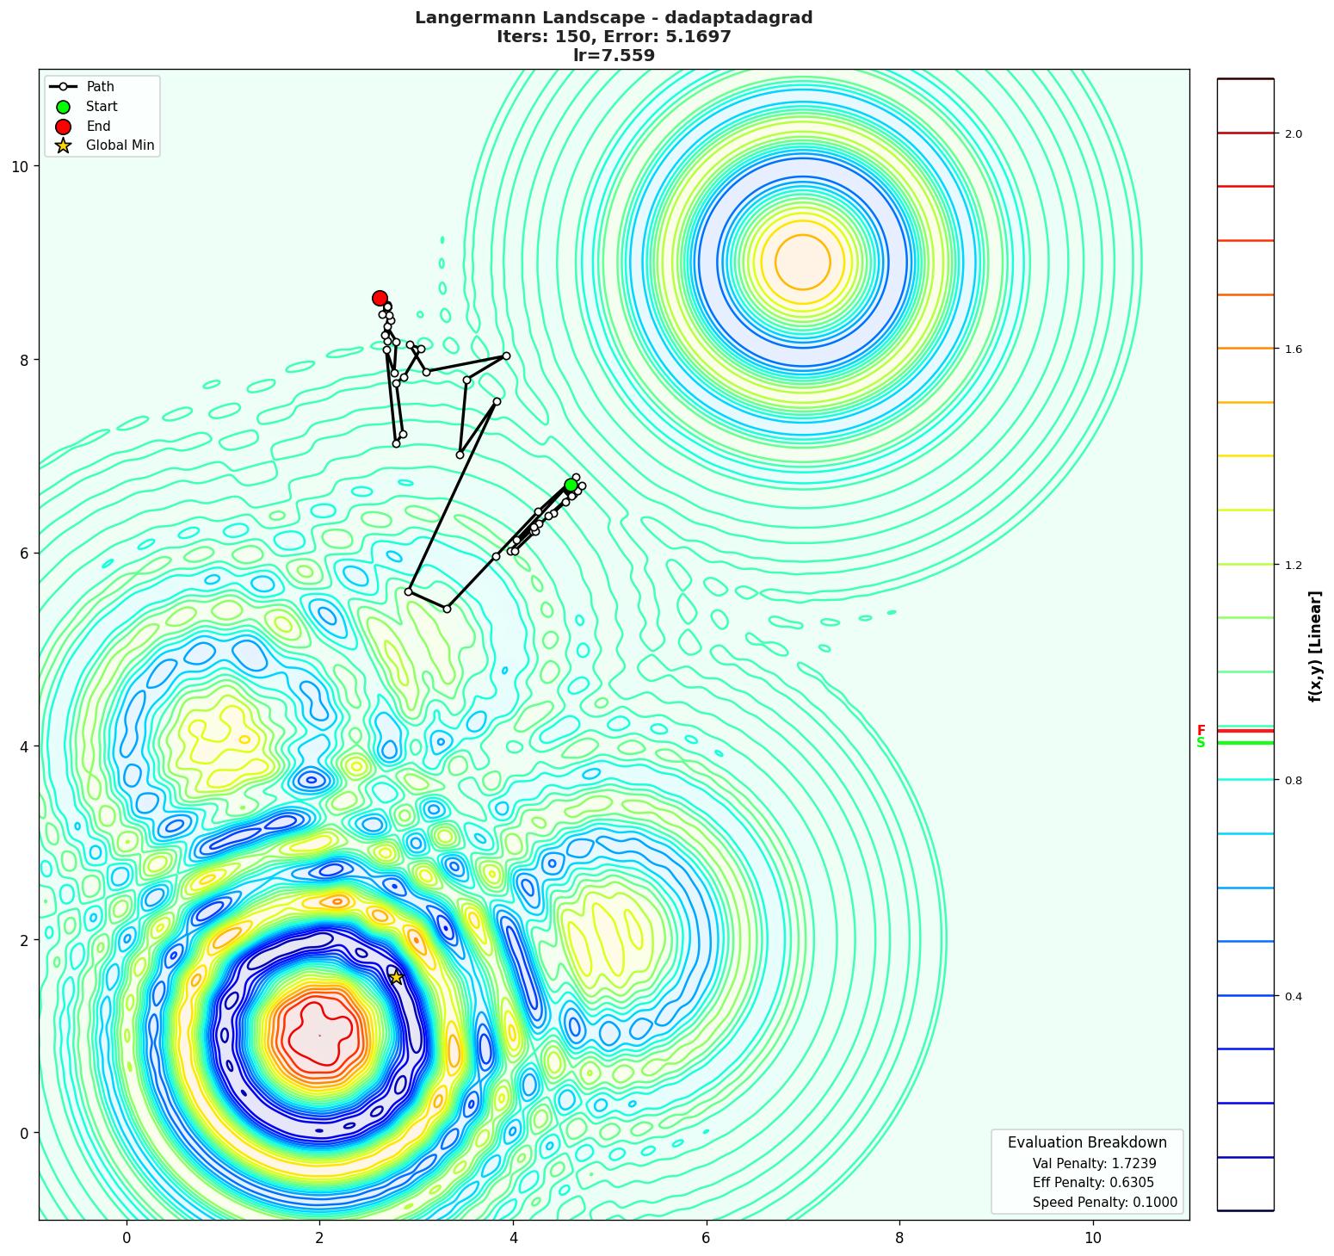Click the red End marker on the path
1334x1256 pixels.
point(380,298)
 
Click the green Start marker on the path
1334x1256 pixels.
point(571,486)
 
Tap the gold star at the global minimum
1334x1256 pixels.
point(397,976)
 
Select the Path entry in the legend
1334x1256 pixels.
point(100,87)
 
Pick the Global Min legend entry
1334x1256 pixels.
point(120,145)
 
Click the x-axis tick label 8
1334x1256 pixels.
point(899,1238)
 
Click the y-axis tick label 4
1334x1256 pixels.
point(24,746)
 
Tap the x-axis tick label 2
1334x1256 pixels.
point(319,1238)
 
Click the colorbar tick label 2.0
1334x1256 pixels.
point(1293,133)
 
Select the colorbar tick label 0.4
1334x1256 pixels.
point(1293,996)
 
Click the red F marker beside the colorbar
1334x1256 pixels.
point(1201,731)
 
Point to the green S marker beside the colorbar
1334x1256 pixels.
point(1201,743)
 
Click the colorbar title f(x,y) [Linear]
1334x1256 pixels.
point(1314,646)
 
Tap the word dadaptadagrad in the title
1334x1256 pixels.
point(735,18)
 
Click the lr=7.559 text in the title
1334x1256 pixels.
point(614,56)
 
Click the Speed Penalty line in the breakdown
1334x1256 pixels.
point(1104,1203)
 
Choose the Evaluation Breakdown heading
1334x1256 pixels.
point(1087,1142)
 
